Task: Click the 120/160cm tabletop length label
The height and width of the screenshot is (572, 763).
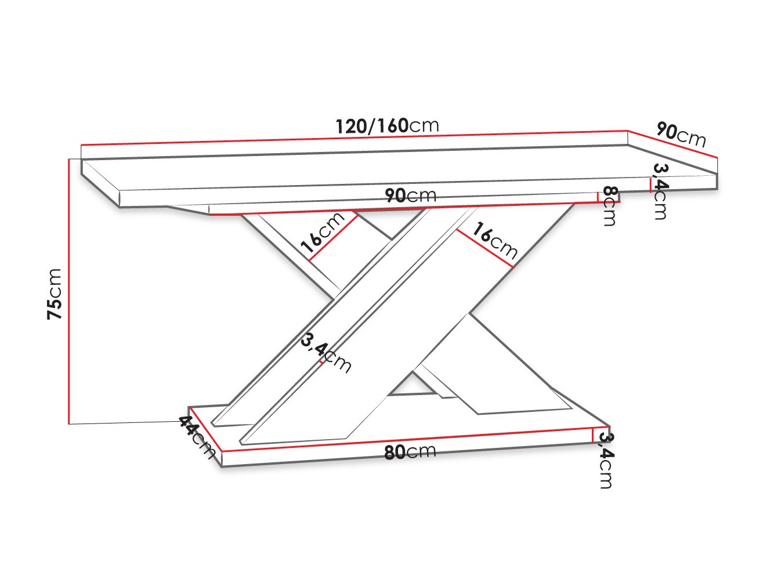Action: [x=387, y=126]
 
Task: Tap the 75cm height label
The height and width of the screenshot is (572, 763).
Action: [x=55, y=294]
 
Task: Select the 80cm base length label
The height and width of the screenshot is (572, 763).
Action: [x=410, y=451]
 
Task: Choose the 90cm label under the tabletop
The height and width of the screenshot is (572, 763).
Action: [x=410, y=196]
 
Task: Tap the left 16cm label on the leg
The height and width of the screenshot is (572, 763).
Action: [x=323, y=235]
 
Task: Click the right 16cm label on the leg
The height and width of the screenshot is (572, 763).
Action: [x=494, y=240]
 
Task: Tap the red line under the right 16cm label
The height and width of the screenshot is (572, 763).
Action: [x=484, y=248]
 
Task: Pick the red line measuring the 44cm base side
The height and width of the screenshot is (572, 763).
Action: [x=205, y=429]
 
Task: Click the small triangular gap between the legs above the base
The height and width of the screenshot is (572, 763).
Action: [x=412, y=385]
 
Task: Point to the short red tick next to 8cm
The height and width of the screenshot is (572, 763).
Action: [x=598, y=197]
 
